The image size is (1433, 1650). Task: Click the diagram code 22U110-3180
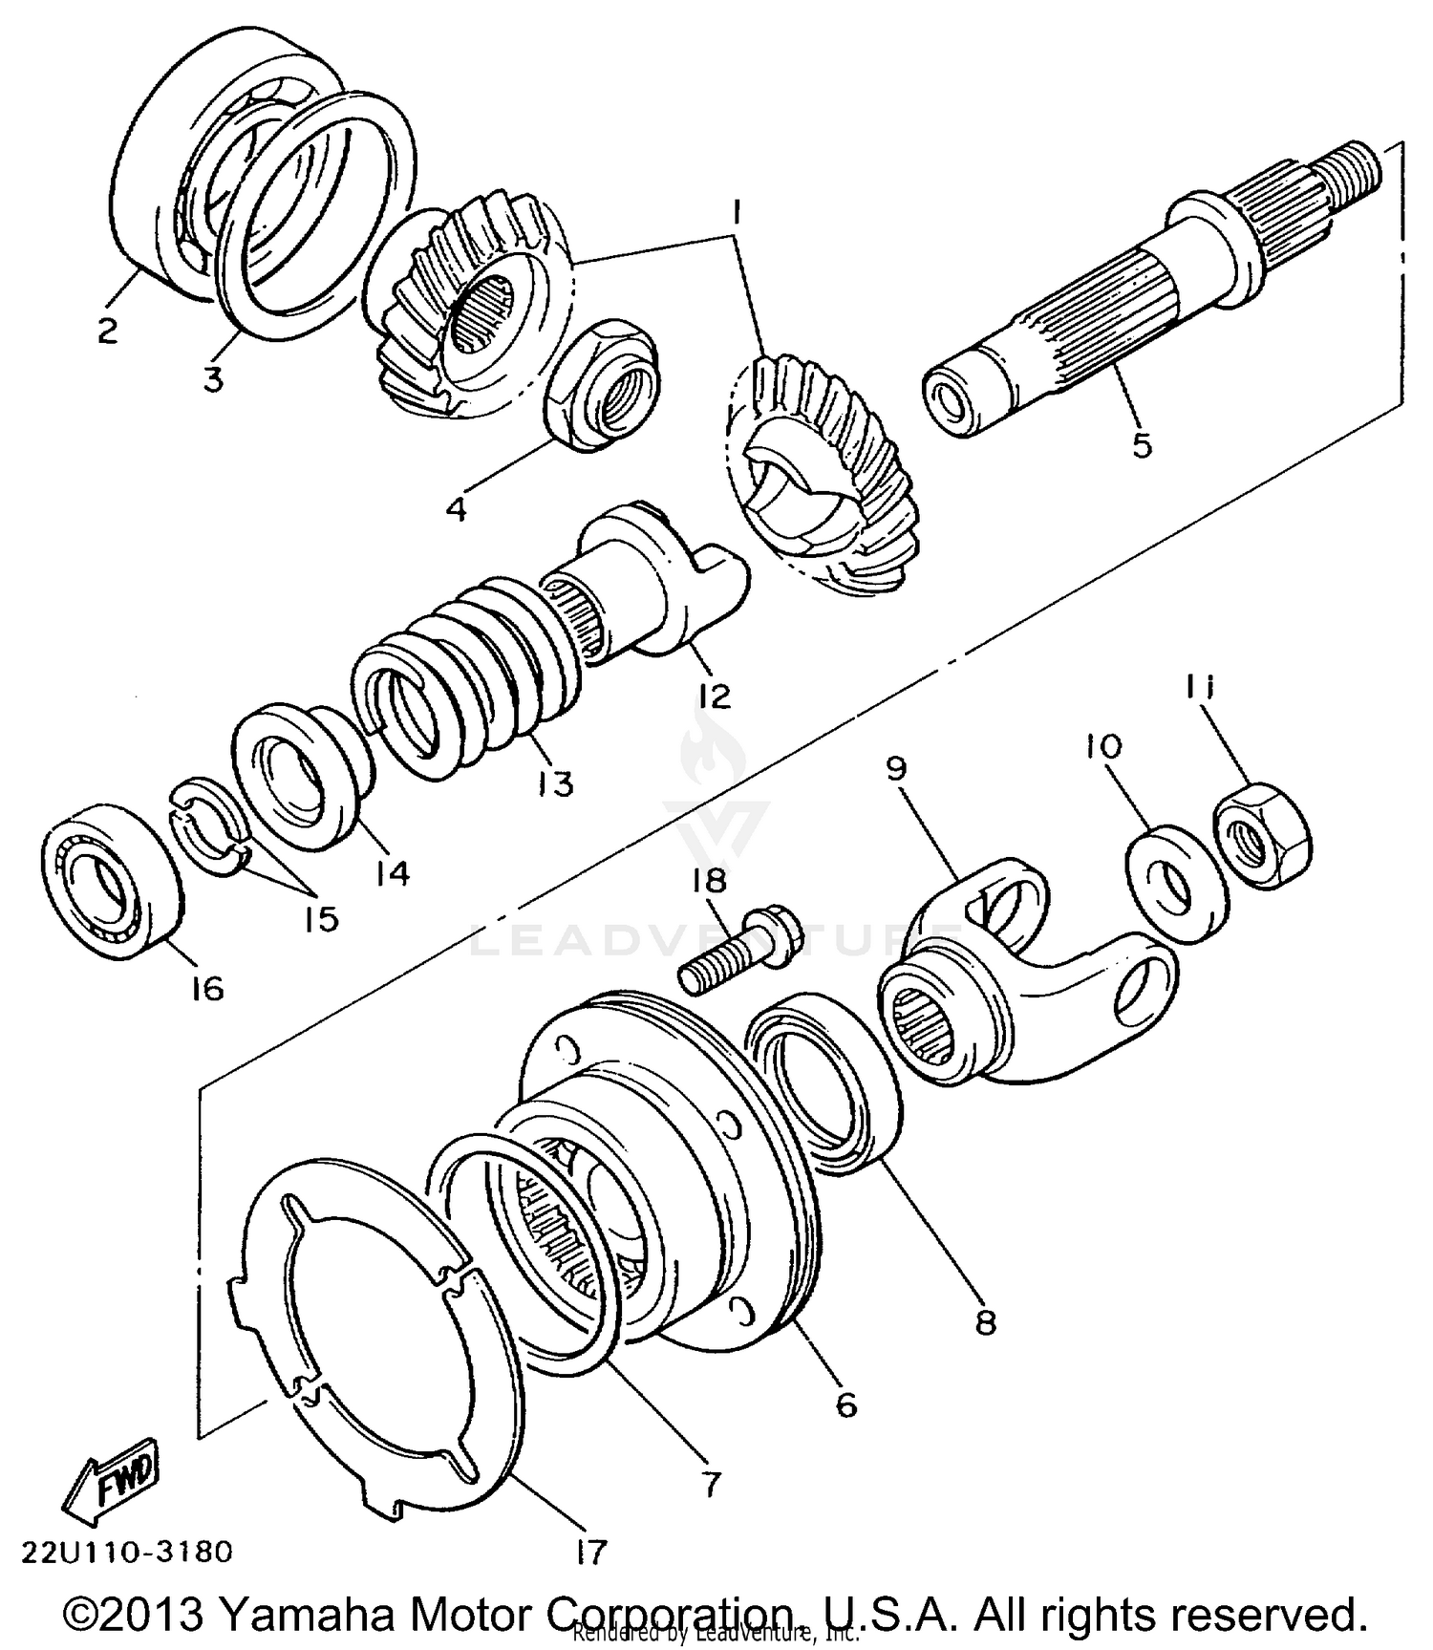125,1552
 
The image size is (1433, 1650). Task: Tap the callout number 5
1142,445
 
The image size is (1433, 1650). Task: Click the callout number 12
715,696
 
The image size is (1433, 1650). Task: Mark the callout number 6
845,1404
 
